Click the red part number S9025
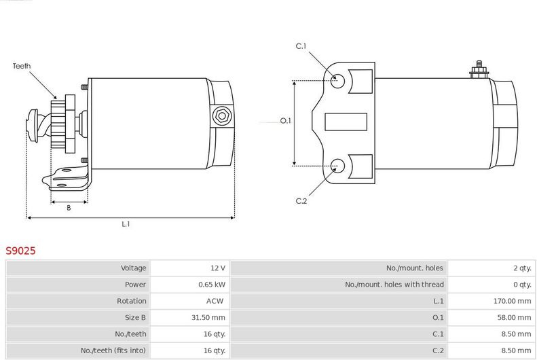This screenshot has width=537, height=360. click(x=20, y=251)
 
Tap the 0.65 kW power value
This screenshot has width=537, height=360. click(x=212, y=285)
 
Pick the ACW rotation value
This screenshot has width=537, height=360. click(x=215, y=301)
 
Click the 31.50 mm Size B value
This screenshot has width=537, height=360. click(x=208, y=317)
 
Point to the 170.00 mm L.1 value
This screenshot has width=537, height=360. click(x=513, y=301)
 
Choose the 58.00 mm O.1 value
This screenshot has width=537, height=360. click(x=515, y=317)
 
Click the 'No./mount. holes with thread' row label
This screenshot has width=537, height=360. click(x=394, y=285)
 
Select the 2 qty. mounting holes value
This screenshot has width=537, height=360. click(x=522, y=268)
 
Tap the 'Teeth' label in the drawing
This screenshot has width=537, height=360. click(x=22, y=66)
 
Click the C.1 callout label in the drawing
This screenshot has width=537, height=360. click(x=301, y=46)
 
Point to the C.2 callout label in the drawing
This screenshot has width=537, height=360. click(x=301, y=201)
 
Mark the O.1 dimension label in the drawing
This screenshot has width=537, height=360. click(x=286, y=121)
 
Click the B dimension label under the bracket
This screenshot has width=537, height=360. click(x=69, y=208)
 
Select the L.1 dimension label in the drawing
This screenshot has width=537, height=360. click(x=126, y=224)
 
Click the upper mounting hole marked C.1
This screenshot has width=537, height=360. click(x=337, y=81)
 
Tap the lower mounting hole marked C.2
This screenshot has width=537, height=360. click(x=337, y=166)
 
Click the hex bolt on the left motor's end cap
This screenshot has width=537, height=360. click(x=222, y=116)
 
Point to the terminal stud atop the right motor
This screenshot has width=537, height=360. click(x=479, y=69)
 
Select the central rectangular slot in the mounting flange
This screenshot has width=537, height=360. click(x=346, y=122)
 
